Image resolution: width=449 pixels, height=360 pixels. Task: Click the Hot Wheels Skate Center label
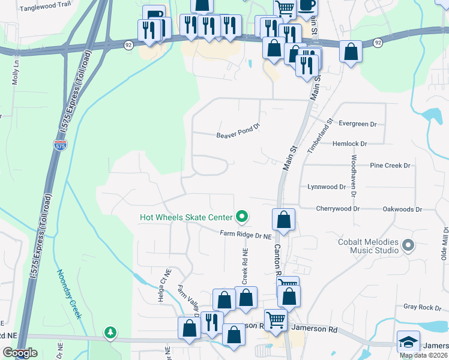tap(187, 217)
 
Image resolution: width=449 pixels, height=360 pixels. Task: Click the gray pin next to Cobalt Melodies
tap(408, 245)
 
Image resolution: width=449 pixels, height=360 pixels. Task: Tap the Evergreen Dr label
tap(357, 124)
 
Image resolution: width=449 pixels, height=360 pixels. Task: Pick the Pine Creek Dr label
tap(390, 165)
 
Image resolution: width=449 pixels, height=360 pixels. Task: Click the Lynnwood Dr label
tap(327, 187)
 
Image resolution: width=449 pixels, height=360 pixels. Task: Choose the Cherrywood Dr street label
tap(338, 209)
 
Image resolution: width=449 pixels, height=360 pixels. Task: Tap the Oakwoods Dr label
tap(403, 209)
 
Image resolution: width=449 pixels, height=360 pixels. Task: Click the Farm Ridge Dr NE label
tap(246, 235)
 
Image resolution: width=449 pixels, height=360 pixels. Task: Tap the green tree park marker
tap(110, 332)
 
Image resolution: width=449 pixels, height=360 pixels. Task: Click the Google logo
tap(20, 353)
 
